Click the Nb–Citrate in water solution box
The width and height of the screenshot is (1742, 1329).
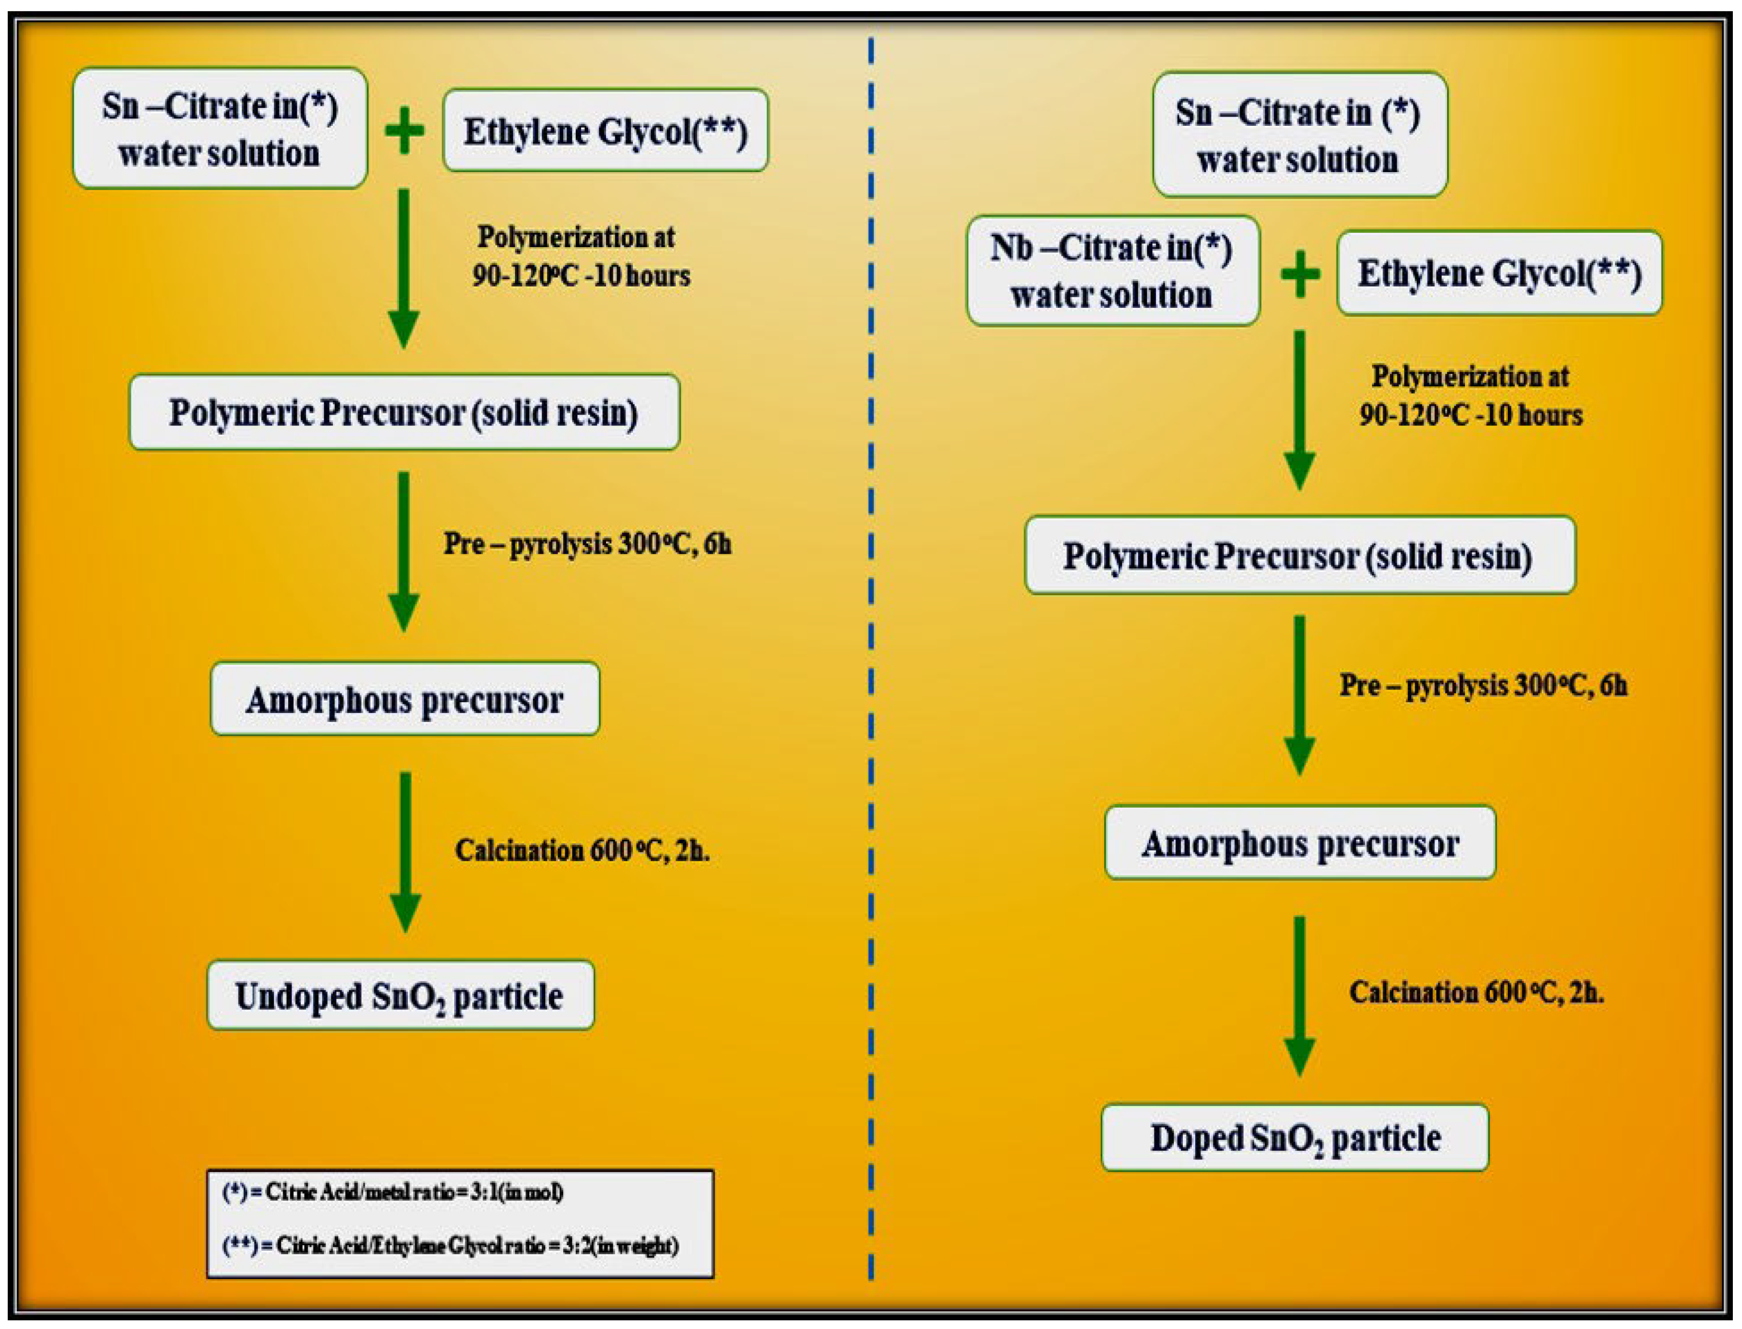[x=1112, y=270]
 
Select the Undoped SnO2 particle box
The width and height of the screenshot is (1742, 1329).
[x=400, y=995]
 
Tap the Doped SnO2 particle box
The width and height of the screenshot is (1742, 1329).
[x=1294, y=1138]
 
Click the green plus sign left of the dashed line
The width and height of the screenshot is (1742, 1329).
[x=404, y=132]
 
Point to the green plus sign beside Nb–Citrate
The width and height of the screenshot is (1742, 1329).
[x=1300, y=274]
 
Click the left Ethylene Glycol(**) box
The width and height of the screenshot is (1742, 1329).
[x=605, y=131]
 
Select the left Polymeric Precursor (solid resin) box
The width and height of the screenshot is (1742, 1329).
[x=404, y=412]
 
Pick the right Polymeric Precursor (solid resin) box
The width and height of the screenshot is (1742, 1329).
[x=1299, y=555]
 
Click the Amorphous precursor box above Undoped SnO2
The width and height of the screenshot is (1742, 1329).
[x=404, y=699]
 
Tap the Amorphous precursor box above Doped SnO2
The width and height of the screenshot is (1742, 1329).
[x=1299, y=842]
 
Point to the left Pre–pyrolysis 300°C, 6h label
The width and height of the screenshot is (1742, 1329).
[x=587, y=544]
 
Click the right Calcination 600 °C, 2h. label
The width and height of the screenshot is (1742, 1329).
[x=1476, y=992]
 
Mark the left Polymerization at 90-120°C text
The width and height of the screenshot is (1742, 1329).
[x=581, y=255]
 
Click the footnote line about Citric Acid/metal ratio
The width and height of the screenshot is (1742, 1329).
[x=393, y=1192]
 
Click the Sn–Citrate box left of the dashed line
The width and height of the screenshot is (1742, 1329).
[x=220, y=128]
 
